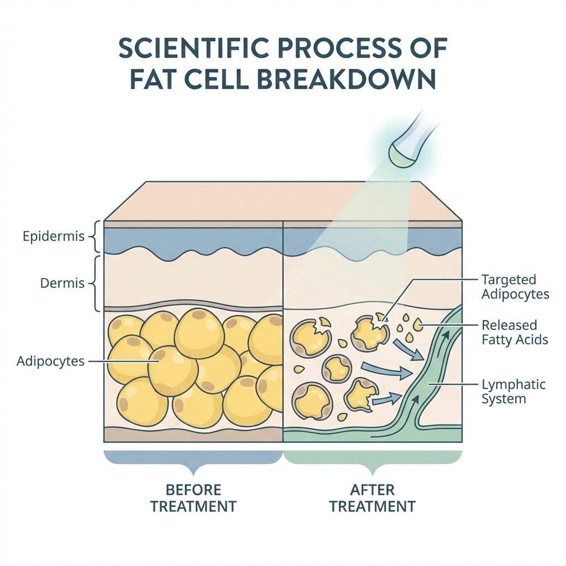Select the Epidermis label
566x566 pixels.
[x=54, y=237]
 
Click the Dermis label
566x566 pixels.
[x=62, y=284]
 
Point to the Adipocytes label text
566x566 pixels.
[x=50, y=361]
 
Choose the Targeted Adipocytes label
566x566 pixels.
[x=515, y=287]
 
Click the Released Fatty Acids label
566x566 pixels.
[x=515, y=332]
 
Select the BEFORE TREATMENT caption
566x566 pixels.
[x=193, y=498]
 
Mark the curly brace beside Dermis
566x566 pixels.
[x=95, y=284]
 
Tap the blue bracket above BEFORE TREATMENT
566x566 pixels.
[x=193, y=461]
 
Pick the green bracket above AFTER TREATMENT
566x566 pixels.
[x=374, y=461]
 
